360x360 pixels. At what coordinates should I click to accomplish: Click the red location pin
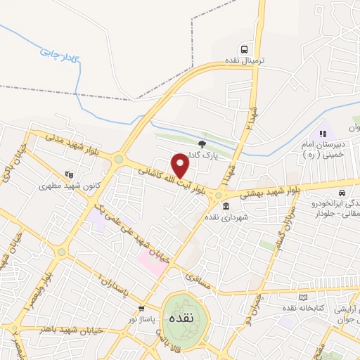(x=181, y=165)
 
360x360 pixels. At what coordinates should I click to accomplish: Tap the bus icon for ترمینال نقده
(x=244, y=49)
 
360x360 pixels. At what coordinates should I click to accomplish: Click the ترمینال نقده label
(x=244, y=61)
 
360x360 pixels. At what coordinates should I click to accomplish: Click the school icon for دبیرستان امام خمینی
(x=323, y=134)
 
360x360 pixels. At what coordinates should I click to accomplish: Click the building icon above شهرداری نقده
(x=226, y=206)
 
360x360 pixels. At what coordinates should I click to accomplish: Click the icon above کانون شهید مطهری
(x=69, y=174)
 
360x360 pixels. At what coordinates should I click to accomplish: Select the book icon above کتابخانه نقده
(x=303, y=298)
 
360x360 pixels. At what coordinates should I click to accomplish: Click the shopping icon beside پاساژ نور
(x=142, y=308)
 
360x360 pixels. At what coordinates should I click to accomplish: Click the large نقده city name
(x=181, y=317)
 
